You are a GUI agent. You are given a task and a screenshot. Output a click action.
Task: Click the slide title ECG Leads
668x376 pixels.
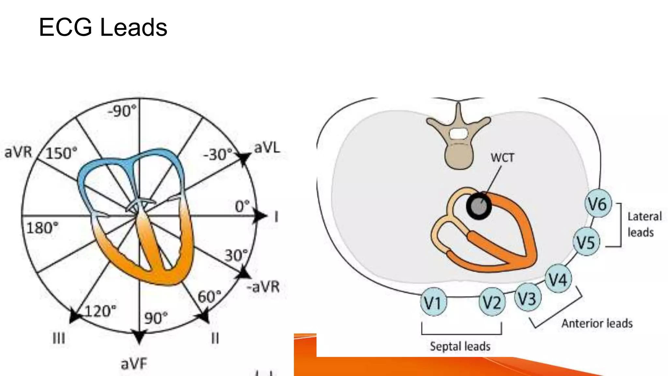point(103,27)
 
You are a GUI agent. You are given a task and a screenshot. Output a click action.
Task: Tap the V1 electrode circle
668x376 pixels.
point(433,302)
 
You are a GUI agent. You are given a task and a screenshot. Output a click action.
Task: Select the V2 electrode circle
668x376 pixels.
point(492,302)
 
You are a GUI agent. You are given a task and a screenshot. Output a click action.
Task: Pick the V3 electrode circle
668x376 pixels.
point(527,298)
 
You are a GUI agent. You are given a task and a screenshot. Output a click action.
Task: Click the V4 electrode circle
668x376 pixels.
point(558,279)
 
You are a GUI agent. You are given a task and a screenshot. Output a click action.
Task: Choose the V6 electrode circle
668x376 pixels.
point(598,204)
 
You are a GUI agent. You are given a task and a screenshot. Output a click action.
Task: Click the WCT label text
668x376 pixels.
point(502,158)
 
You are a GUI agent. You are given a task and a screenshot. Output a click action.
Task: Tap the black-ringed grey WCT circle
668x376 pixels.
point(478,206)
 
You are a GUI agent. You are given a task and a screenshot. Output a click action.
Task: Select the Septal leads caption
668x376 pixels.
point(460,346)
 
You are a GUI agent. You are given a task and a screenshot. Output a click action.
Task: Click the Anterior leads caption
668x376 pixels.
point(597,323)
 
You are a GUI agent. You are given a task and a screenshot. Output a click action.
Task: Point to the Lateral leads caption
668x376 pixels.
point(644,225)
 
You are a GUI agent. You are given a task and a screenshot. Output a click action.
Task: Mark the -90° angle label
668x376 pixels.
point(122,111)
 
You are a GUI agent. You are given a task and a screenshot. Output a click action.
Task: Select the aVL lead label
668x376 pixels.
point(267,148)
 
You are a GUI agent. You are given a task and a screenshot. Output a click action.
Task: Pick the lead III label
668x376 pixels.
point(59,338)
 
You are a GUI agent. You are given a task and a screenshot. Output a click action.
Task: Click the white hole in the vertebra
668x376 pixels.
point(458,133)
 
